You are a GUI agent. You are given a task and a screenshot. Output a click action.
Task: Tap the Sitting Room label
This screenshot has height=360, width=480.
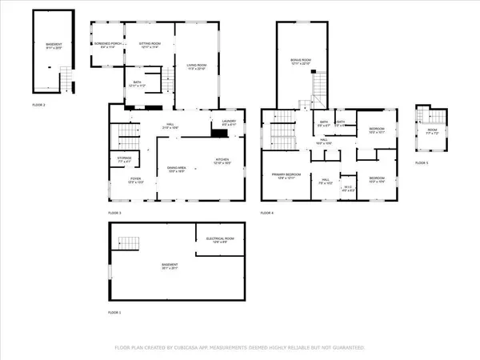click(x=150, y=44)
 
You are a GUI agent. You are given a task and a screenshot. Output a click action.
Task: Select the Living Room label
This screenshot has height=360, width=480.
click(x=197, y=66)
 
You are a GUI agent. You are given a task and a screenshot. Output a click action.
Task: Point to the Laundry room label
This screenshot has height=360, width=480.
click(x=227, y=122)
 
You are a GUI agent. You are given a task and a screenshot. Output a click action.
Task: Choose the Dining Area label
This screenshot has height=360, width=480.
click(x=176, y=169)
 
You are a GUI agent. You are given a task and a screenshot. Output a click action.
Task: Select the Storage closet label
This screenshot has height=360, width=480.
click(x=124, y=160)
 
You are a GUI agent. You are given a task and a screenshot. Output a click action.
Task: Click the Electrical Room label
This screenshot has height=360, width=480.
click(x=219, y=239)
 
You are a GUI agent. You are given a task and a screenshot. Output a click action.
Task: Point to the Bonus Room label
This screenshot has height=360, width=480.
click(x=301, y=62)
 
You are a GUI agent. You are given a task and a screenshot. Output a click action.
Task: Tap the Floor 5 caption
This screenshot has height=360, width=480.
click(x=422, y=162)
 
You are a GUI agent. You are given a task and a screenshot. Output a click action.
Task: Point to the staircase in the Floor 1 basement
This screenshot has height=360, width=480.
click(x=128, y=242)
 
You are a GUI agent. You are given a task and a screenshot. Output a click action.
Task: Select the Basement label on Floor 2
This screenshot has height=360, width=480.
click(x=53, y=46)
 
